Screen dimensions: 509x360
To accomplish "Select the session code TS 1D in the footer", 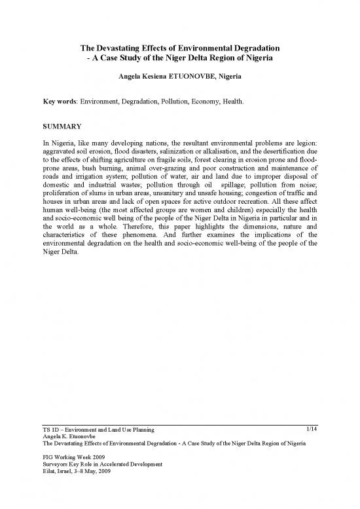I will tap(50, 430).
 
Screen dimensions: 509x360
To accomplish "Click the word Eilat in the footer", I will tap(48, 473).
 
